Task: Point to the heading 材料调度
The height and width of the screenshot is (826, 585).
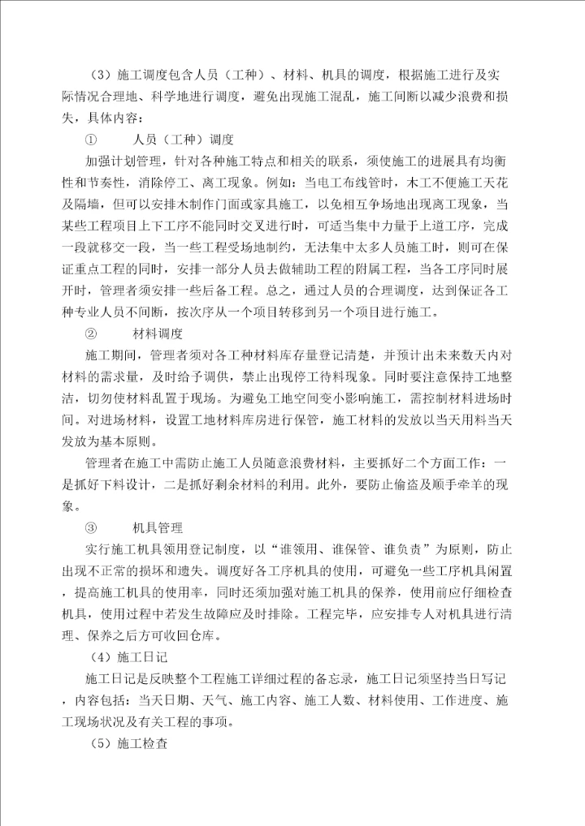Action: (159, 333)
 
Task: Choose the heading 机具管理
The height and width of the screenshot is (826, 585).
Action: (159, 528)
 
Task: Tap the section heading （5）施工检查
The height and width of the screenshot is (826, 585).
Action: (130, 742)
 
